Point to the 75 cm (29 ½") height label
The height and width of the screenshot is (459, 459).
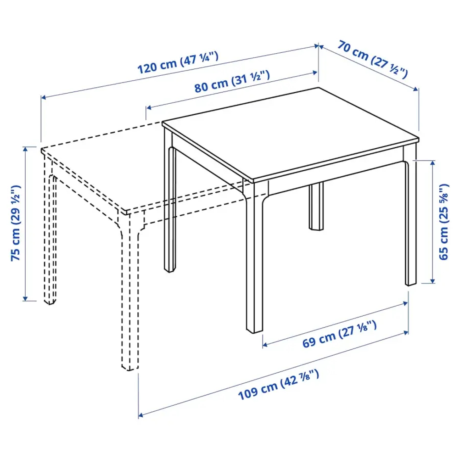click(16, 223)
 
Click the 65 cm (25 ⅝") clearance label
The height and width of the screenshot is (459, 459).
click(443, 222)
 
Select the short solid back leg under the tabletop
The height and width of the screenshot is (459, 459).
click(316, 207)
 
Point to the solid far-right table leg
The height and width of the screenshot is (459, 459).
click(410, 220)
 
